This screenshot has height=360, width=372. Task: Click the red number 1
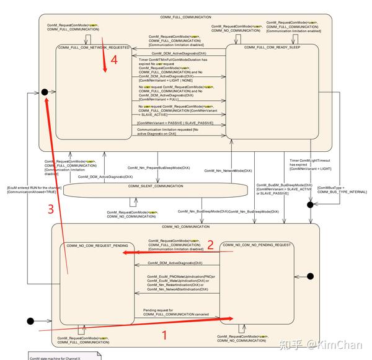pyautogui.click(x=164, y=336)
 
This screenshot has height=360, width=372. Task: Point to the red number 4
pyautogui.click(x=113, y=59)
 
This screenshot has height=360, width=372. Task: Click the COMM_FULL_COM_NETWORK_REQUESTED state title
pyautogui.click(x=94, y=47)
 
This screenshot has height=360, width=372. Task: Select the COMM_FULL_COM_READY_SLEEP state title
pyautogui.click(x=267, y=47)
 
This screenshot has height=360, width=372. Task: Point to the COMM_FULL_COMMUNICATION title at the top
pyautogui.click(x=185, y=17)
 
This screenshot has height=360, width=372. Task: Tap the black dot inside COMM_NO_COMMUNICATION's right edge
pyautogui.click(x=309, y=276)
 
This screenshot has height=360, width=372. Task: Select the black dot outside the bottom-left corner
pyautogui.click(x=30, y=321)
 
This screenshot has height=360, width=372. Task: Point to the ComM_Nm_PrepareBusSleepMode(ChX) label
pyautogui.click(x=159, y=168)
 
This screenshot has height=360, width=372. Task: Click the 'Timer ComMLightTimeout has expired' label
pyautogui.click(x=309, y=163)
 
